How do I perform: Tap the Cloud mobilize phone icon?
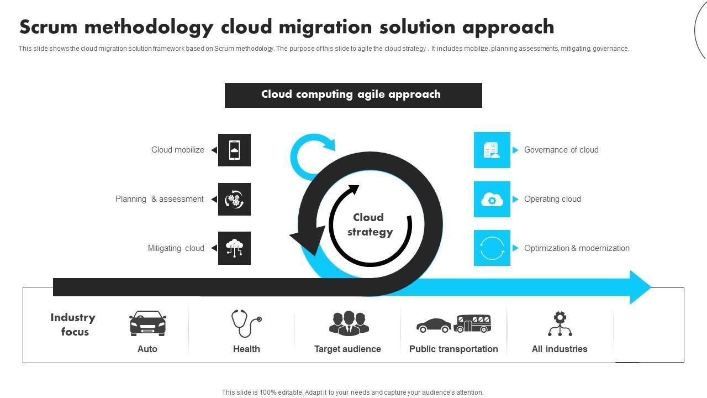234,150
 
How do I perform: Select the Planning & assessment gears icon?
234,199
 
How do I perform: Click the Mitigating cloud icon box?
234,248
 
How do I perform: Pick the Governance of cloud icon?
492,150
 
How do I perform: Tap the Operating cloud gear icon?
492,200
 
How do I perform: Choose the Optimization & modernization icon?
492,248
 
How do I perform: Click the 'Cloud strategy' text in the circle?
370,224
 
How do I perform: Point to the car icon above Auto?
147,323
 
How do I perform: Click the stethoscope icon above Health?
246,323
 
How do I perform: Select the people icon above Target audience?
348,323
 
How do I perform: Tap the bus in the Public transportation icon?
473,323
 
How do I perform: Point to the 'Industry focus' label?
73,324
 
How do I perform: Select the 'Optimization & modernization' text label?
577,248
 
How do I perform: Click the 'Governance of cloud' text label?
561,150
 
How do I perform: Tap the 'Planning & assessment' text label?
160,199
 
